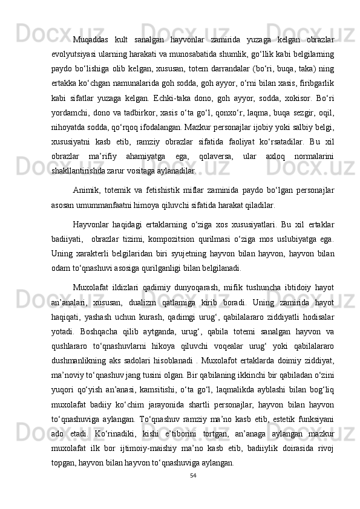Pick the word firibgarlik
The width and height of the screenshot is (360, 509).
pyautogui.click(x=315, y=82)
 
